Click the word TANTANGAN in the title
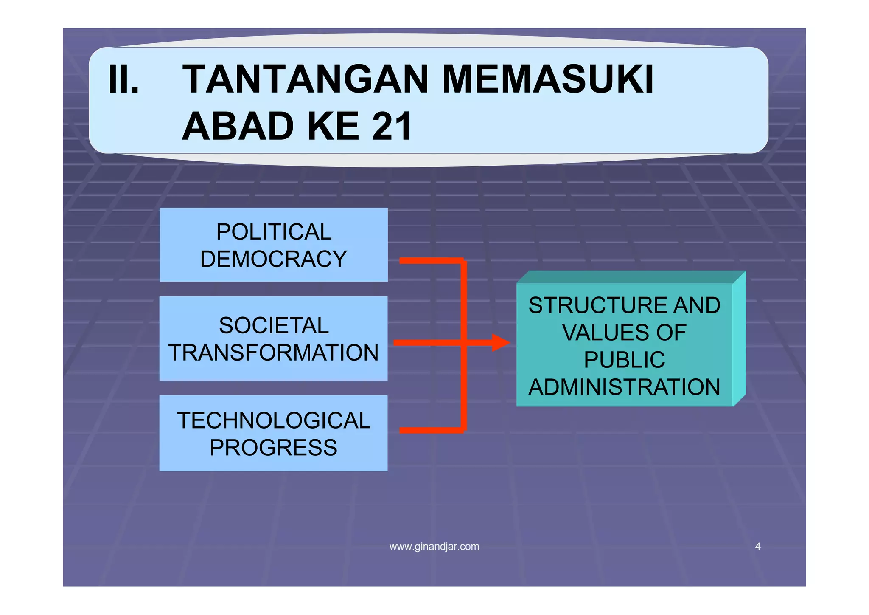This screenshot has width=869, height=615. [x=306, y=79]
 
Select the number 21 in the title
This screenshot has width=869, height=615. [x=391, y=126]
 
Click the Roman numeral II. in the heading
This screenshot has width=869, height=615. [x=123, y=79]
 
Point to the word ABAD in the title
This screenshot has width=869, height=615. [x=238, y=126]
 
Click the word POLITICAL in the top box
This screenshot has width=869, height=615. [x=274, y=232]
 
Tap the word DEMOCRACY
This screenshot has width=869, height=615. [x=274, y=259]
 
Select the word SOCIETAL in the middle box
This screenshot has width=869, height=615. [x=274, y=326]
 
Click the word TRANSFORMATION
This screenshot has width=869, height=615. [x=274, y=353]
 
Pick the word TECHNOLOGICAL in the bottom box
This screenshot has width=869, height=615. [x=274, y=420]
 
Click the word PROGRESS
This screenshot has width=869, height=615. [x=274, y=448]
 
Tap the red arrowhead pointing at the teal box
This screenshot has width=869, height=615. [x=501, y=342]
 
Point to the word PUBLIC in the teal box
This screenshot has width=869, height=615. [x=624, y=360]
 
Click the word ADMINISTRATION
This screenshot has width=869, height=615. [x=624, y=387]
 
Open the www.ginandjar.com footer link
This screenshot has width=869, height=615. [x=434, y=547]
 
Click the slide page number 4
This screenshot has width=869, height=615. [x=758, y=547]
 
